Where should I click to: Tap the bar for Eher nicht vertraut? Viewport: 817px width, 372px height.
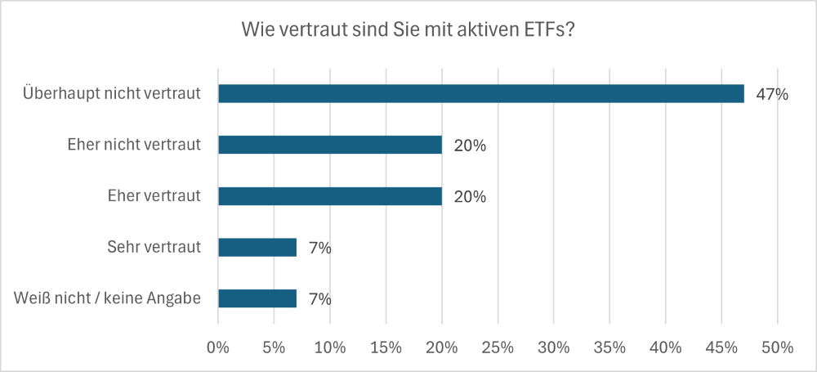[x=330, y=145]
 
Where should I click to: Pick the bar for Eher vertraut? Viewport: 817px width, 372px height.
[x=330, y=196]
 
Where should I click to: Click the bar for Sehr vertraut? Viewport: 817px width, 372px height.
[x=257, y=247]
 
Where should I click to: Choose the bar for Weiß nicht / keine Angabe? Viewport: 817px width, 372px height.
[x=257, y=298]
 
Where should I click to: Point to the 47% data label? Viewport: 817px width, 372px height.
[x=772, y=94]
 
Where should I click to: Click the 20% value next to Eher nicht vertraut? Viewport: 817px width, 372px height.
[x=470, y=146]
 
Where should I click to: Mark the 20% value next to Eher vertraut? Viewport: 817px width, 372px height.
[x=470, y=197]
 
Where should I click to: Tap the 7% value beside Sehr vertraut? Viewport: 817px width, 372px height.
[x=320, y=248]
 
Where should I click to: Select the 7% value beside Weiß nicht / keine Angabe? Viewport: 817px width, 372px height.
[x=320, y=299]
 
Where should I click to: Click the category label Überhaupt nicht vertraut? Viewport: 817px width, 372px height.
[x=112, y=94]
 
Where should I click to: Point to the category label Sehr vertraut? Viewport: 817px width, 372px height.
[x=154, y=248]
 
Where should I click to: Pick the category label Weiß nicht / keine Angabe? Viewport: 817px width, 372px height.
[x=107, y=299]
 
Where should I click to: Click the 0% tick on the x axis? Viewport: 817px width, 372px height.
[x=218, y=347]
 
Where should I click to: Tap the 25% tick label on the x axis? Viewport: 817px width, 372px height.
[x=498, y=347]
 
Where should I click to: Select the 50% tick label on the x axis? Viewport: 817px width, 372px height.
[x=777, y=347]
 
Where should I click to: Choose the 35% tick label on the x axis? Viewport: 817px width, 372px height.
[x=609, y=347]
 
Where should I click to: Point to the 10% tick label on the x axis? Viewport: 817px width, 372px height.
[x=330, y=347]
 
